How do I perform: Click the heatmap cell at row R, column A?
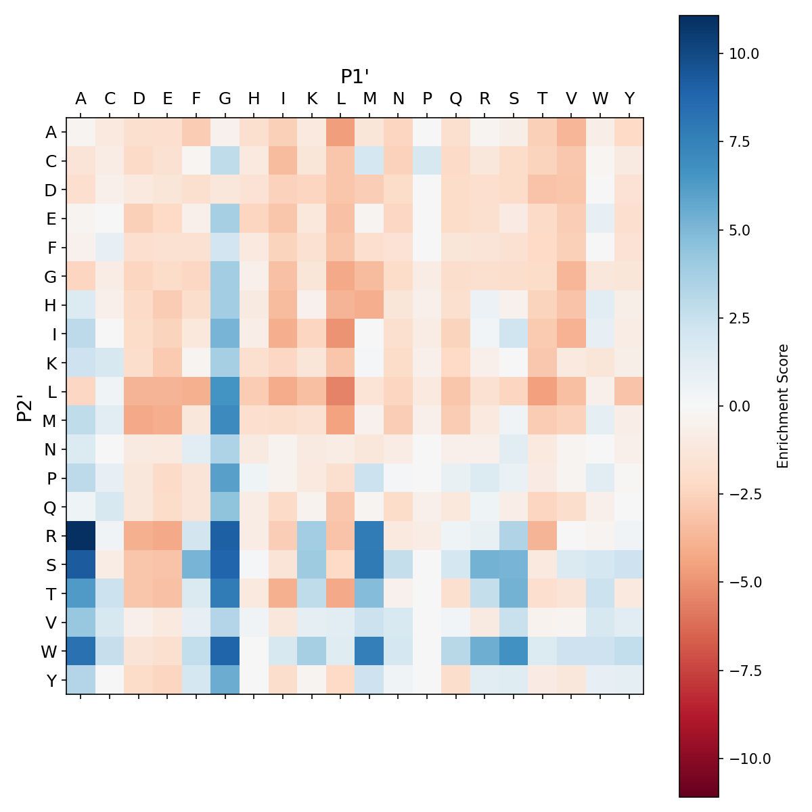pos(81,536)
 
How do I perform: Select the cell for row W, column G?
pos(225,651)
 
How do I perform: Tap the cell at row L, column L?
pos(340,392)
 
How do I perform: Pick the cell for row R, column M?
pos(369,536)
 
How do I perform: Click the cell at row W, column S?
pos(514,651)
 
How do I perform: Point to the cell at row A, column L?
pos(340,133)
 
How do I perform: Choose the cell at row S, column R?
pos(484,565)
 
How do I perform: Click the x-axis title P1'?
pos(355,76)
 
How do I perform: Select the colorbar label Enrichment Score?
pos(783,406)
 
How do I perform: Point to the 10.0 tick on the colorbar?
pos(744,53)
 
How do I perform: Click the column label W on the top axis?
pos(600,99)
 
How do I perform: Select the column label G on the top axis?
pos(225,99)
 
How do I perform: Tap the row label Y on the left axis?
pos(51,681)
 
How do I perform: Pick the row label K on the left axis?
pos(51,363)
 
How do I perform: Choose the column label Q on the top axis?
pos(455,99)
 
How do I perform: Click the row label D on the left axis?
pos(51,191)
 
